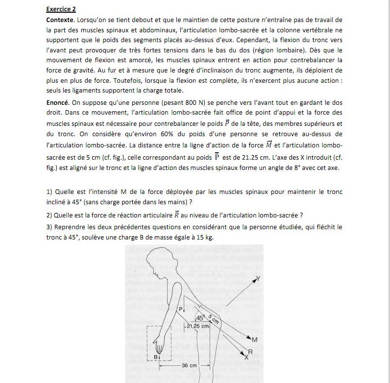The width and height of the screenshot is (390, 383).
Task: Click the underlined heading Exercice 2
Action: pyautogui.click(x=61, y=9)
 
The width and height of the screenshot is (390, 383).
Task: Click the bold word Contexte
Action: pyautogui.click(x=60, y=19)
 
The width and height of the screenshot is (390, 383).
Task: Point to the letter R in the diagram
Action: pyautogui.click(x=250, y=352)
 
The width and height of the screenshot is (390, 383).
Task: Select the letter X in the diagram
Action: pyautogui.click(x=246, y=358)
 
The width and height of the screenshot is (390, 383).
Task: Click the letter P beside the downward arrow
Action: pyautogui.click(x=180, y=309)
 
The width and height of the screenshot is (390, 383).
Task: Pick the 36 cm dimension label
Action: pyautogui.click(x=189, y=365)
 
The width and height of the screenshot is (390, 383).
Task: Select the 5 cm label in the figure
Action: pyautogui.click(x=214, y=317)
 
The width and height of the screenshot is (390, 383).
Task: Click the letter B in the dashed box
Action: pyautogui.click(x=156, y=357)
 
